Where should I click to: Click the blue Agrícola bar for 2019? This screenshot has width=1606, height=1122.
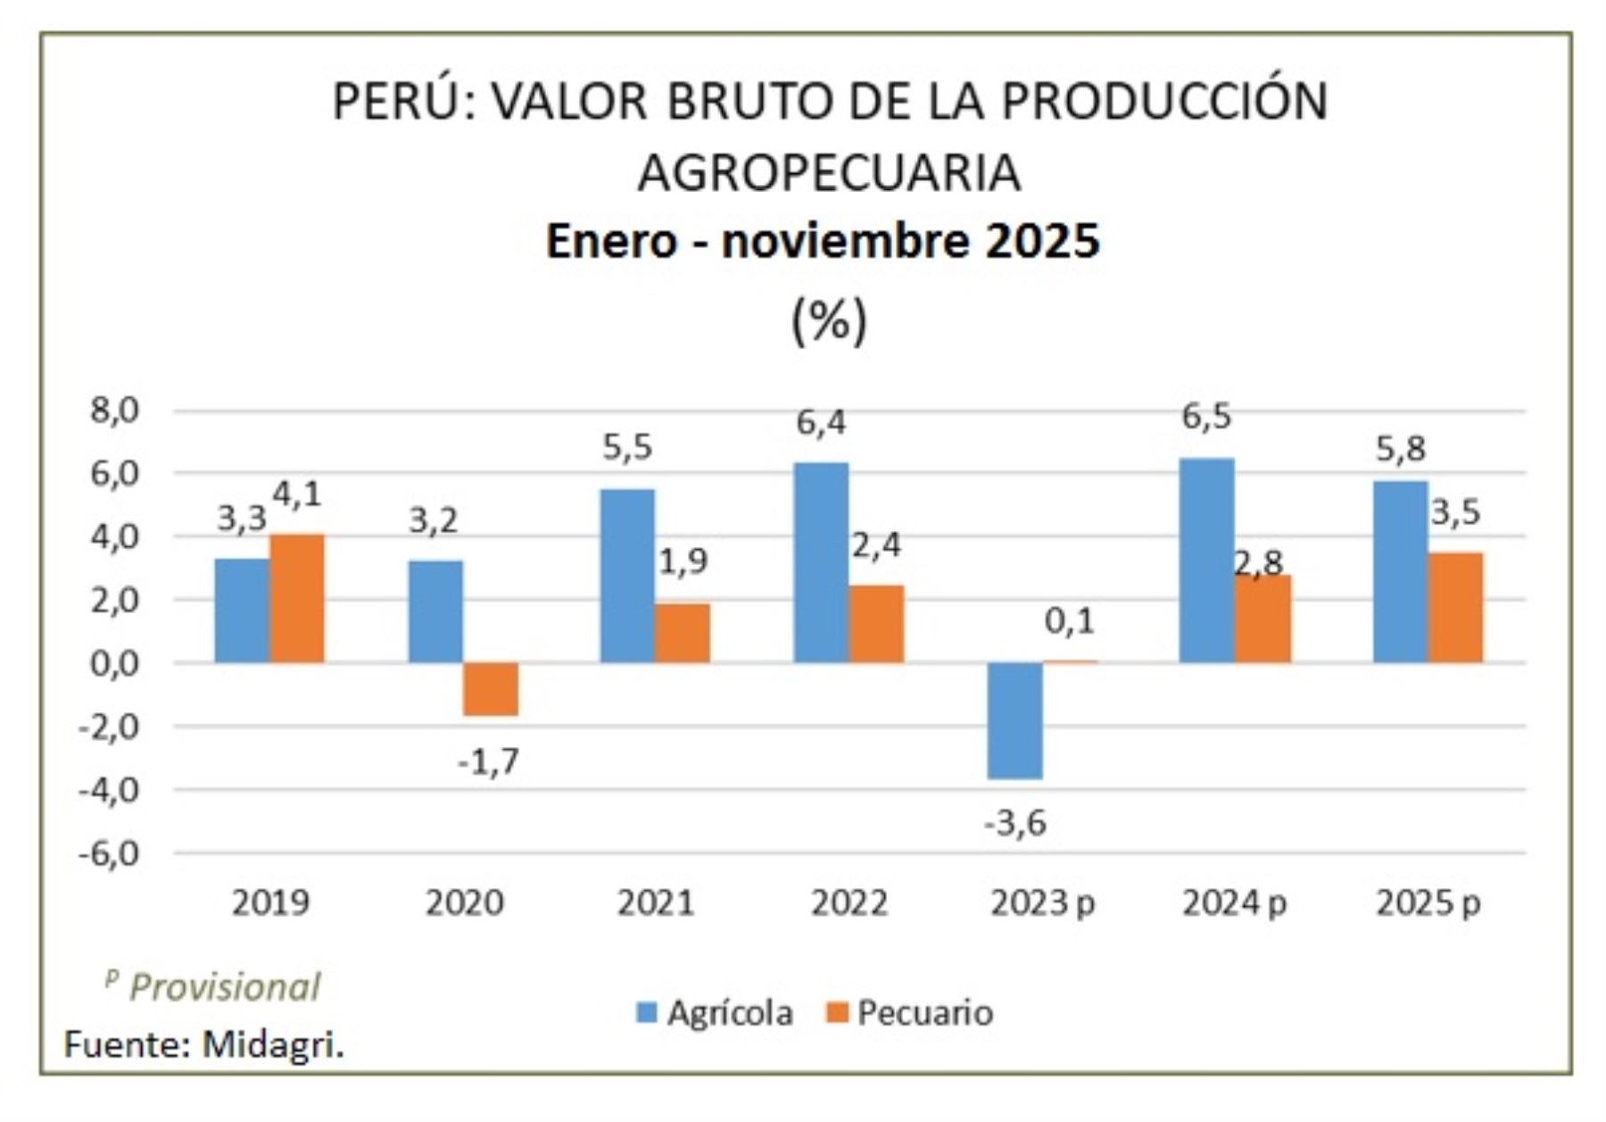pyautogui.click(x=242, y=611)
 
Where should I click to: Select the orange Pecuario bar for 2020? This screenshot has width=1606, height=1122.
pyautogui.click(x=491, y=689)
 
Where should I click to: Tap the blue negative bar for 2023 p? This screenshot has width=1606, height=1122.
pyautogui.click(x=1014, y=720)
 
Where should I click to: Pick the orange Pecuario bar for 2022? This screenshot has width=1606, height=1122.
pyautogui.click(x=876, y=624)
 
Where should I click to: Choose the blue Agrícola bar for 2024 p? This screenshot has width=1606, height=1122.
pyautogui.click(x=1207, y=561)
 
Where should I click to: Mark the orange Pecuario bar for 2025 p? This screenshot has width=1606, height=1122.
pyautogui.click(x=1455, y=608)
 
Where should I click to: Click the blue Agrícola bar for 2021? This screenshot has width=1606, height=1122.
pyautogui.click(x=627, y=576)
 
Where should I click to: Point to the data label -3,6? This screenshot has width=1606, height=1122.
pyautogui.click(x=1015, y=823)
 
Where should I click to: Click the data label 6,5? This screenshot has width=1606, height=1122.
pyautogui.click(x=1206, y=416)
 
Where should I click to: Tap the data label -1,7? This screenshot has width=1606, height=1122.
pyautogui.click(x=488, y=762)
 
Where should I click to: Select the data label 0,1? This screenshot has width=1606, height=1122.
pyautogui.click(x=1069, y=621)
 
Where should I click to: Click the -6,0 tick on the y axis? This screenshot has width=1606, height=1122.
pyautogui.click(x=109, y=854)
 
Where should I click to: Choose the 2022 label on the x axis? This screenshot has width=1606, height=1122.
pyautogui.click(x=849, y=903)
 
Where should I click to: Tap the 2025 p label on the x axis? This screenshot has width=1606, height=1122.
pyautogui.click(x=1428, y=903)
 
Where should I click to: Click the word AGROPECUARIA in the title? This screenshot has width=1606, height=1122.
pyautogui.click(x=829, y=172)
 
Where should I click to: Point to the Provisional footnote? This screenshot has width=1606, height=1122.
pyautogui.click(x=224, y=987)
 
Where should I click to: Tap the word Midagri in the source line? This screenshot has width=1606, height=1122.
pyautogui.click(x=271, y=1044)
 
